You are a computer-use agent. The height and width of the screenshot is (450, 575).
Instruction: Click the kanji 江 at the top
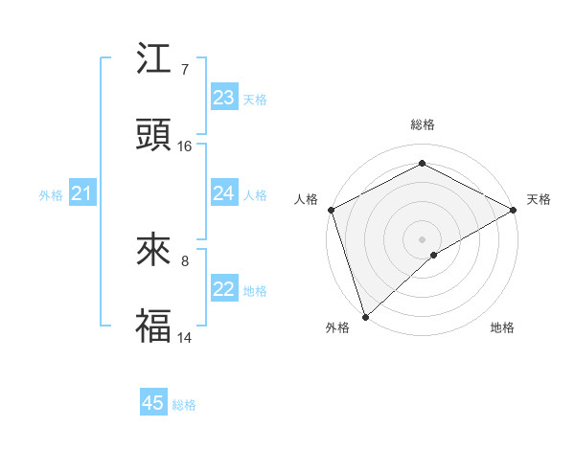(x=154, y=60)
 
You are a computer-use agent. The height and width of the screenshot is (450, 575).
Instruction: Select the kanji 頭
(x=154, y=136)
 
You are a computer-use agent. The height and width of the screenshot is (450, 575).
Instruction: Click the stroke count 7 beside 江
(x=185, y=70)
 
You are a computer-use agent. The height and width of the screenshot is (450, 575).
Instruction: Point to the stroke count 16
(x=185, y=146)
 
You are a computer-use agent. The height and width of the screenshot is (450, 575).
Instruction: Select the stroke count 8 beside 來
(x=185, y=260)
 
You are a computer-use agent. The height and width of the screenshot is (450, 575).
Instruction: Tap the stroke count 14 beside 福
(x=185, y=337)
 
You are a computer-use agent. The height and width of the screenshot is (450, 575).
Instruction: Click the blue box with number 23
(x=224, y=98)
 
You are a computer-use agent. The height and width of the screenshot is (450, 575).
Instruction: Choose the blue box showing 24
(x=224, y=193)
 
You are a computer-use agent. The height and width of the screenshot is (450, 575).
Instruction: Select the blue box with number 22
(x=224, y=289)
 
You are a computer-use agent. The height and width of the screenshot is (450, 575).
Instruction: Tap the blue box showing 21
(x=82, y=194)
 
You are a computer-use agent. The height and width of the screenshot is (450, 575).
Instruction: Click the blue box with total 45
(x=153, y=403)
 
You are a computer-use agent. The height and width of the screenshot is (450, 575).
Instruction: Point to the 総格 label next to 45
(x=184, y=405)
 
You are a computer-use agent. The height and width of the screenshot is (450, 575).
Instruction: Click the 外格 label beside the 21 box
(x=51, y=195)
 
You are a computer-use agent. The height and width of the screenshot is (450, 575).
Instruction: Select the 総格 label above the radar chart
(x=422, y=124)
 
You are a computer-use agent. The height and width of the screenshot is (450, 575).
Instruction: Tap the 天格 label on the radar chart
(x=539, y=199)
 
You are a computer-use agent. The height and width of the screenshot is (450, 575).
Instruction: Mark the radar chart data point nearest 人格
(x=331, y=210)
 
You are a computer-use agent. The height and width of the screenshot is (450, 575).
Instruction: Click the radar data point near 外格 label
(x=365, y=316)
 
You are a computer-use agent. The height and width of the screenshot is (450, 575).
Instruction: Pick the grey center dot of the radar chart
(x=422, y=238)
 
